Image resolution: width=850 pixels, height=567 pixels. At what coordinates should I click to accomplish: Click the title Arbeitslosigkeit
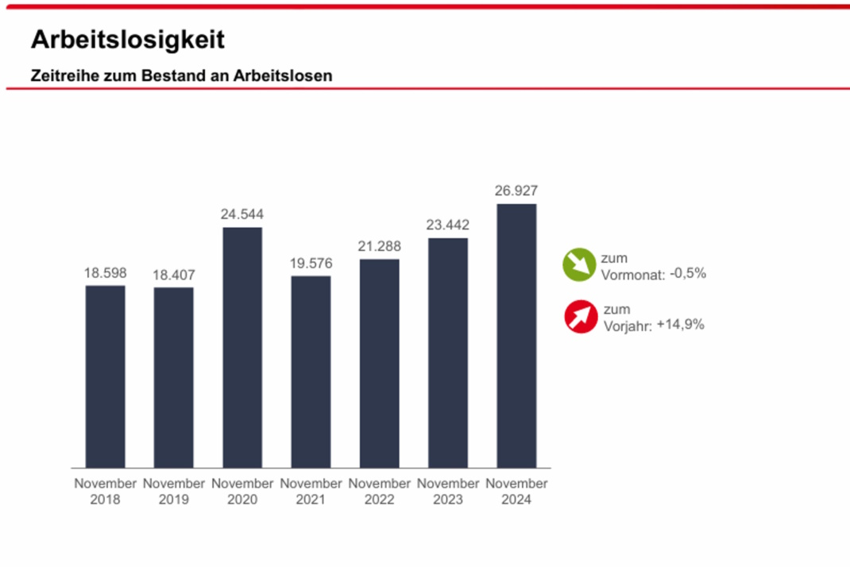coord(127,40)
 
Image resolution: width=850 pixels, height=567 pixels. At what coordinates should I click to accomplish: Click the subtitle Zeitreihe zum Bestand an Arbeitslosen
coord(181,76)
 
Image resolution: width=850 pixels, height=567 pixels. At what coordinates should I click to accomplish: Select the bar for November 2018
coord(106,376)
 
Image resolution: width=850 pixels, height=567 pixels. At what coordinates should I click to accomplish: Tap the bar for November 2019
coord(174,377)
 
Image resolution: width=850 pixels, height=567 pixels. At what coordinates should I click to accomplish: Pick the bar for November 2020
coord(242,348)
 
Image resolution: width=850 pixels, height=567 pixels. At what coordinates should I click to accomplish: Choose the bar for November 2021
coord(311,372)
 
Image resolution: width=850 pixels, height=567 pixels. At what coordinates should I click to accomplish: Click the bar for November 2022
coord(379,363)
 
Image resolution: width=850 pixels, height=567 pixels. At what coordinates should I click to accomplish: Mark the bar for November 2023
coord(447,353)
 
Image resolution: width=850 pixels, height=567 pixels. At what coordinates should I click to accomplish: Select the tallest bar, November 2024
coord(516,335)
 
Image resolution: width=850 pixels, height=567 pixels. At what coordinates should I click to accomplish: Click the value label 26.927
coord(516,191)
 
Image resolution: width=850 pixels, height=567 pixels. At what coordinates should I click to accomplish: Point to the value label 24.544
coord(242,214)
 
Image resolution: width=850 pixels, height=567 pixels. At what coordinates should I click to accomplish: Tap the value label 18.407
coord(174,275)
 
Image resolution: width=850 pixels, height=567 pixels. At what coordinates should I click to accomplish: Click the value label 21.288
coord(379,246)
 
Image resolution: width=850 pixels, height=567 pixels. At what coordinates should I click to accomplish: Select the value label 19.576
coord(311,263)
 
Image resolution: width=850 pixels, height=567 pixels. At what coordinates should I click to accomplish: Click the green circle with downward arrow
coord(579,265)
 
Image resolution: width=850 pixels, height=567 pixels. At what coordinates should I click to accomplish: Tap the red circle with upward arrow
coord(581,317)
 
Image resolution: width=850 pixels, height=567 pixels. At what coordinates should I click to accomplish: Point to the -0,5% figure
coord(687,273)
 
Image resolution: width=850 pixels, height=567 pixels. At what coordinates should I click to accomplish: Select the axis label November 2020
coord(242,492)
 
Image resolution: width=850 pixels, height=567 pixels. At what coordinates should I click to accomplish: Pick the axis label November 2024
coord(516,492)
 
